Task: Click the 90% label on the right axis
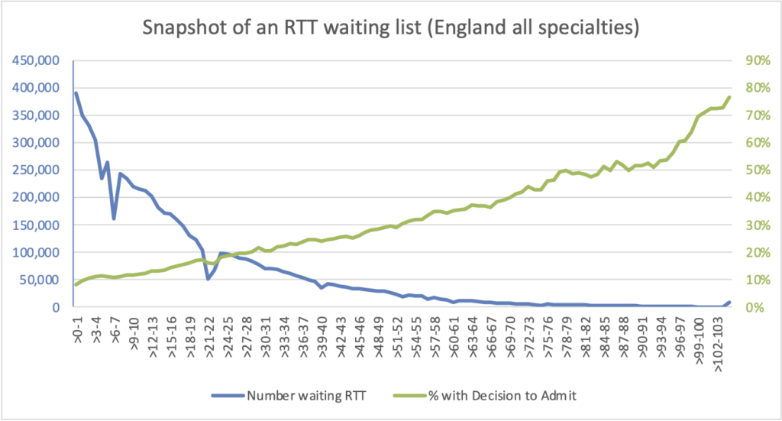758,60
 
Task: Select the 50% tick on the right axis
758,170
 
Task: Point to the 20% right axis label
758,252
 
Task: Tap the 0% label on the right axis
761,307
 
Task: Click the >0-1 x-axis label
76,325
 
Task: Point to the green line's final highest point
729,97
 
